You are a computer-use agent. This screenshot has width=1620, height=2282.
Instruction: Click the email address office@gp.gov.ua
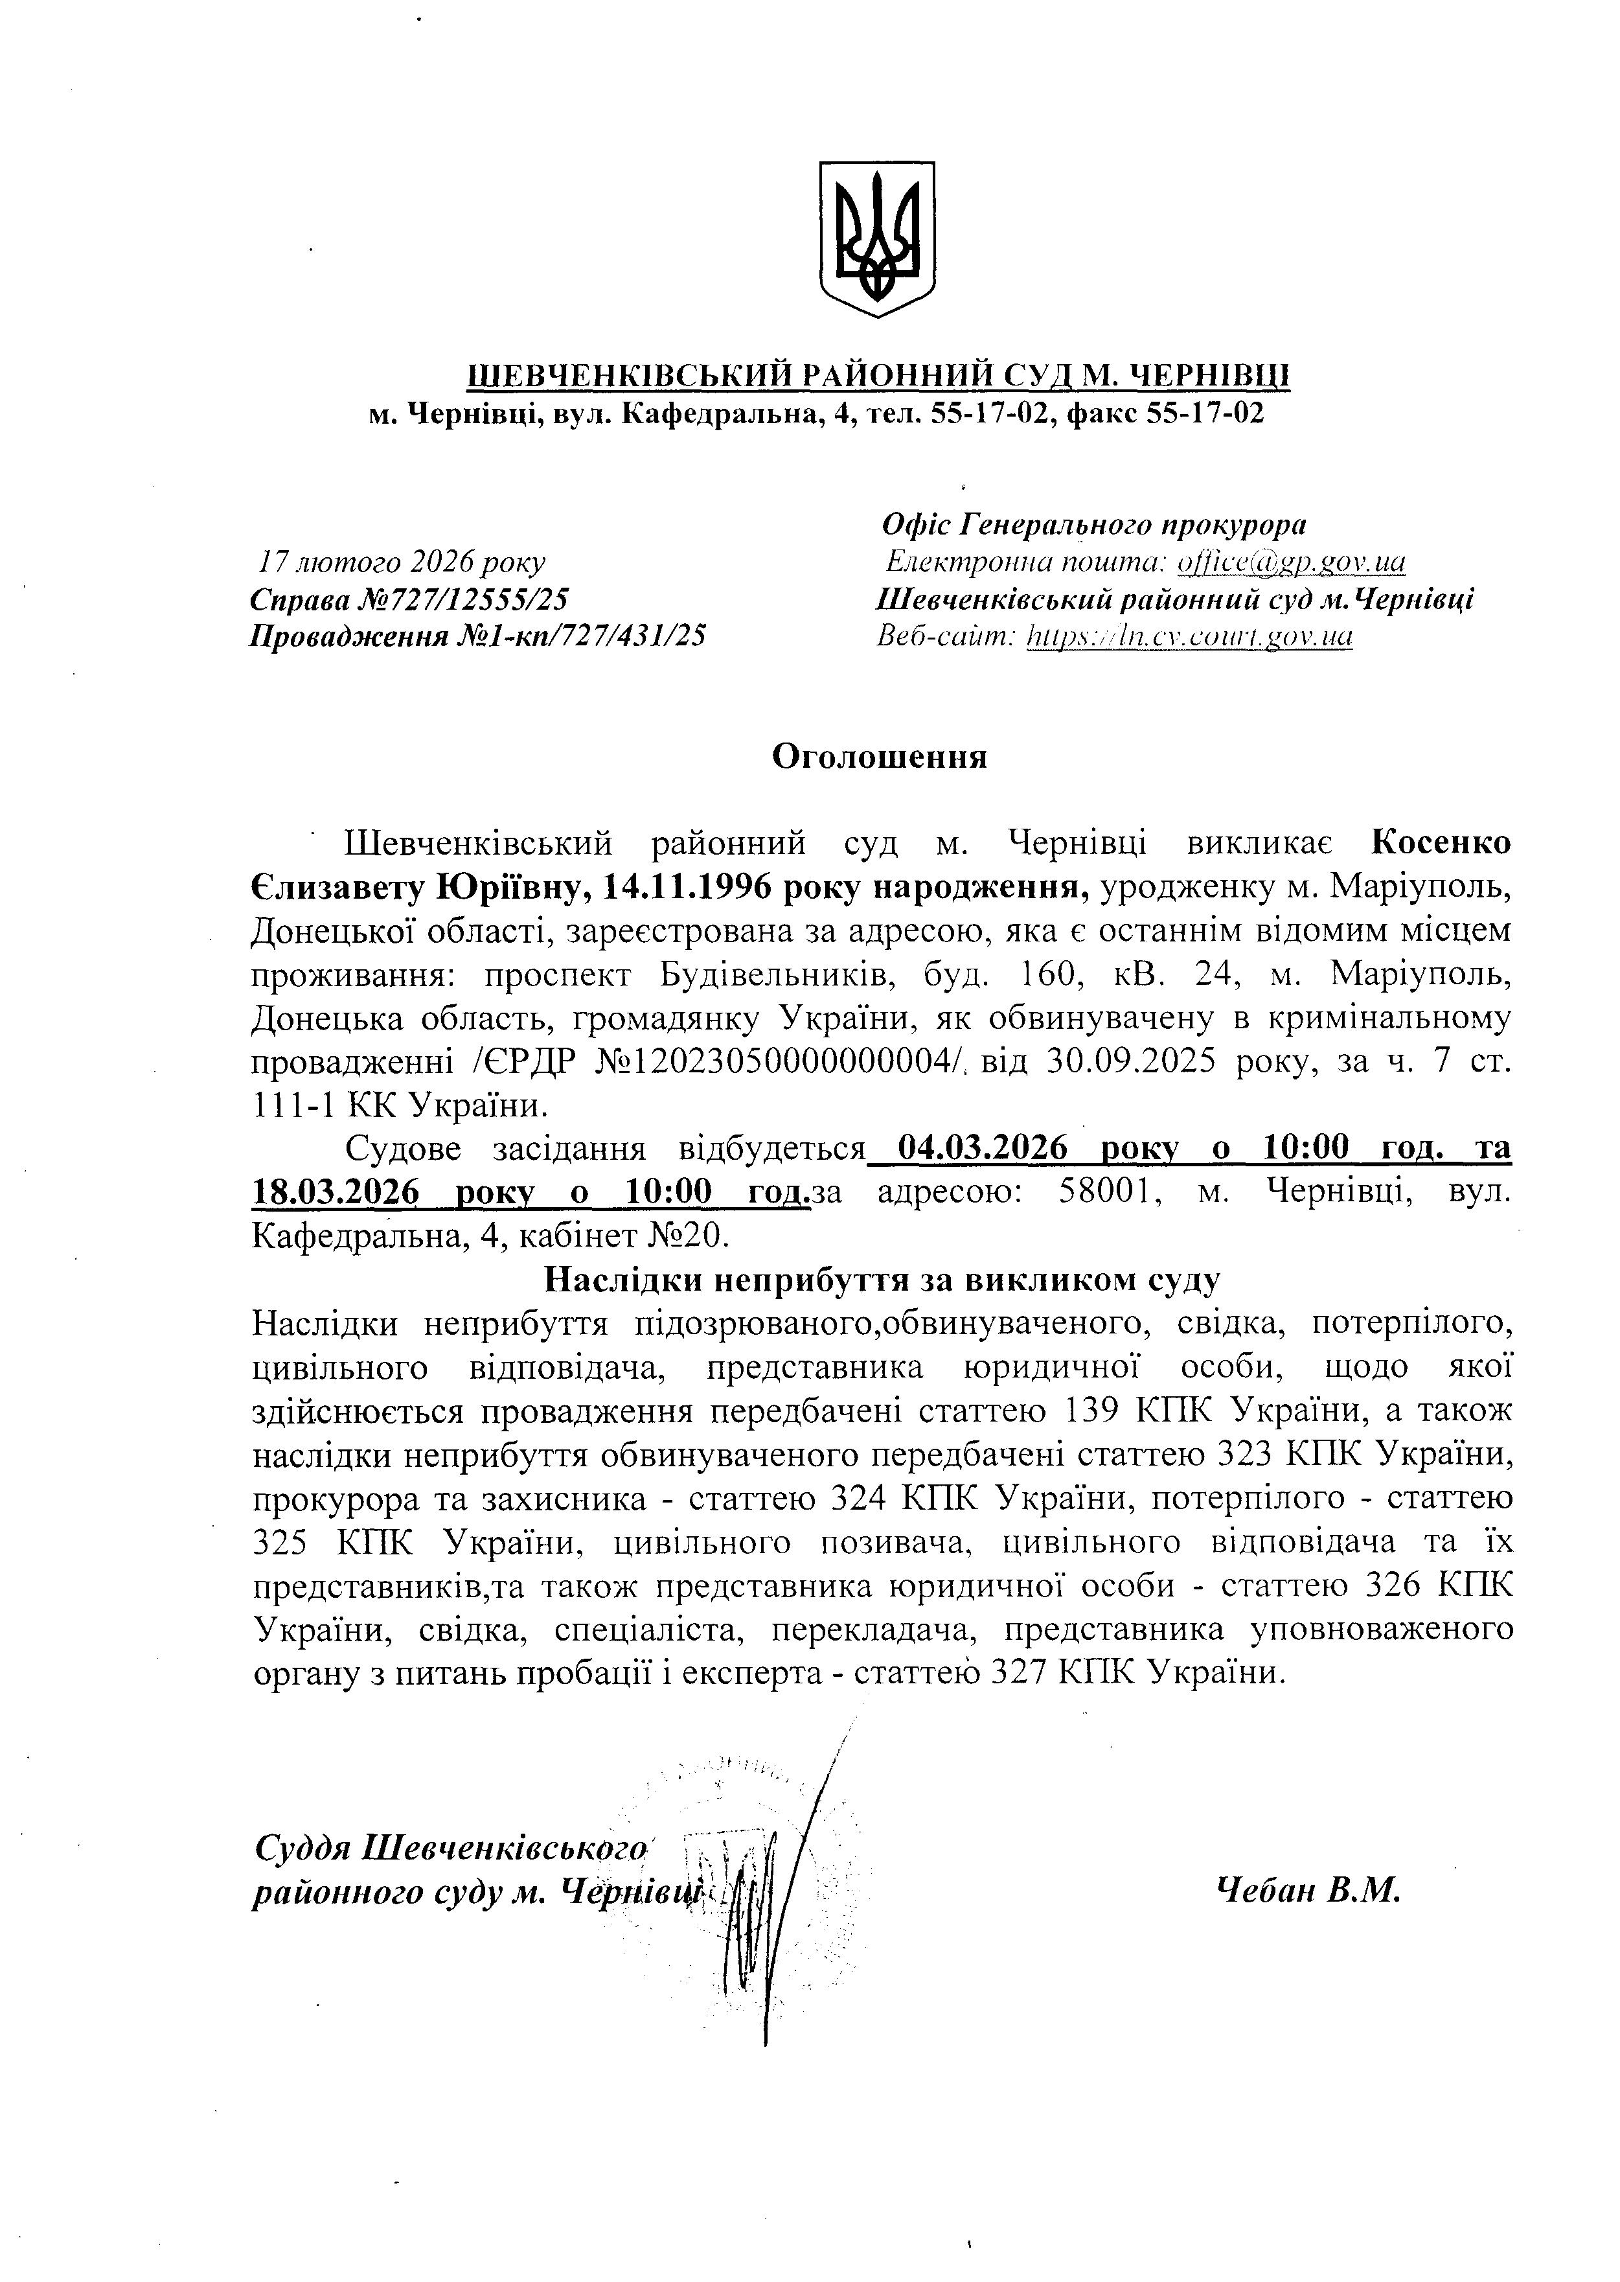(x=1292, y=563)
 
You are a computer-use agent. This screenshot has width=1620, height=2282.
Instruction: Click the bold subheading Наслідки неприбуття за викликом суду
(x=883, y=1280)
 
